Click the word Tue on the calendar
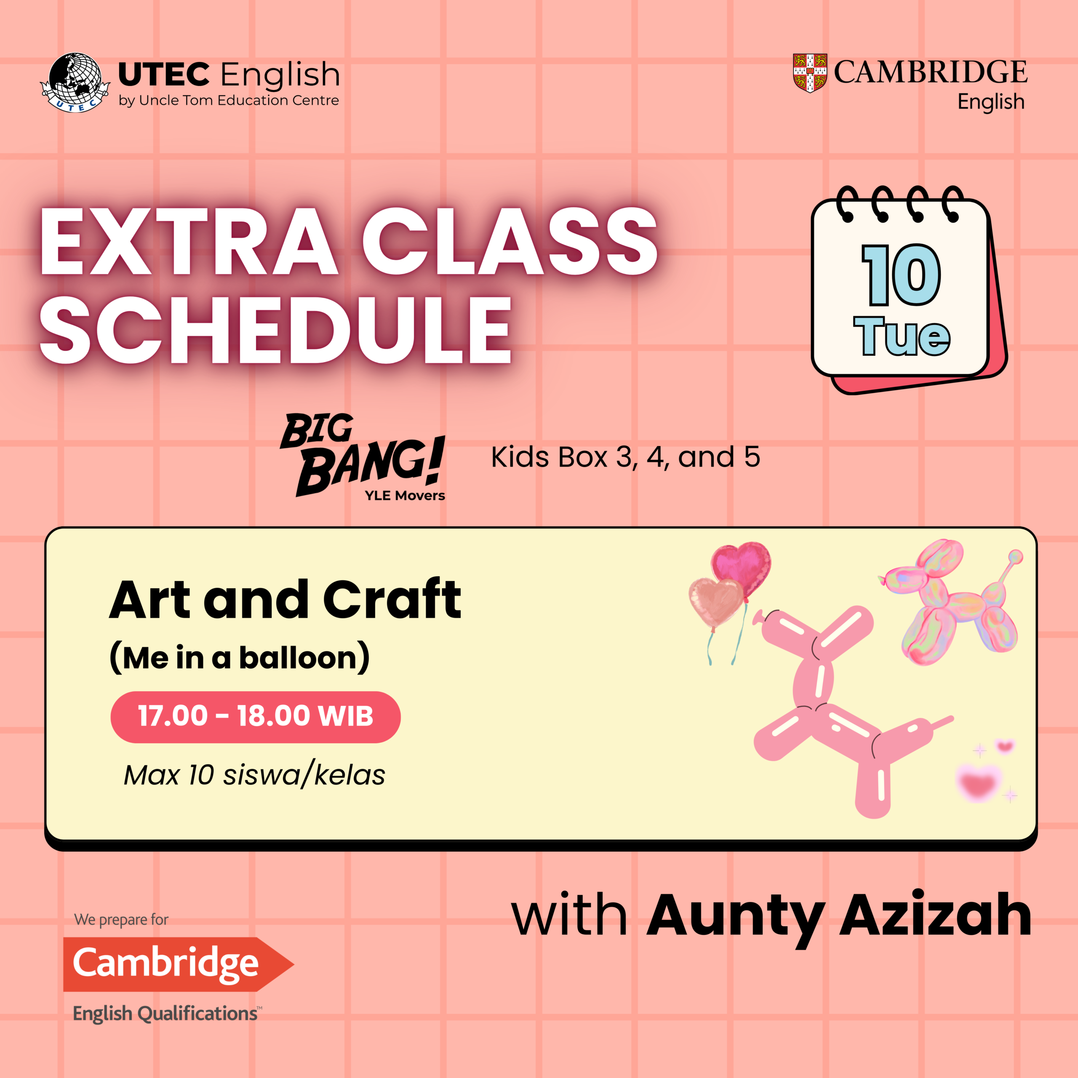(x=902, y=336)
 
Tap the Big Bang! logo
(x=363, y=455)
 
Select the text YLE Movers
(x=405, y=496)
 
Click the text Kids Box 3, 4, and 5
(x=625, y=457)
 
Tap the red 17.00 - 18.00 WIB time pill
(x=256, y=717)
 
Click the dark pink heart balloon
(x=742, y=569)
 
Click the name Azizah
(x=936, y=915)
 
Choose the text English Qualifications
(x=167, y=1013)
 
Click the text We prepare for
(x=121, y=920)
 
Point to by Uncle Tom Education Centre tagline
(x=229, y=101)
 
